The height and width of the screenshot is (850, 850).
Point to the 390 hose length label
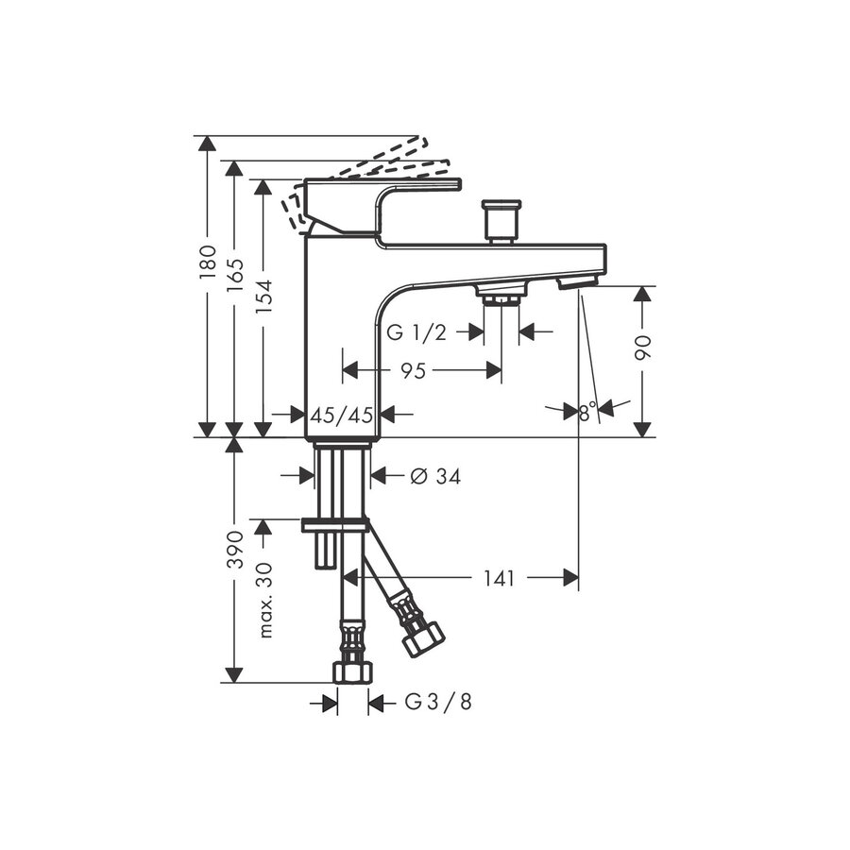tap(236, 549)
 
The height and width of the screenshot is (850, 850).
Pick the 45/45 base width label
tap(342, 414)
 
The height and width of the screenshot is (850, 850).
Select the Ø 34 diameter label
tap(435, 477)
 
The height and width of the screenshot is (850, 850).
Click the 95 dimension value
tap(413, 371)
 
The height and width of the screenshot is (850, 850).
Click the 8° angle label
tap(588, 413)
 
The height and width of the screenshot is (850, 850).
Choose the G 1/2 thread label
tap(416, 332)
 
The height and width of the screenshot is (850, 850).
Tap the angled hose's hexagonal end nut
tap(422, 640)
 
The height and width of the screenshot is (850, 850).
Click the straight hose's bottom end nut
tap(352, 671)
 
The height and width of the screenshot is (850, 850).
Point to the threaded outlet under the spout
tap(500, 298)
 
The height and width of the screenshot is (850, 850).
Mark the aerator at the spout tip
tap(577, 282)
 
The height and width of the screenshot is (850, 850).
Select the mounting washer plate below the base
tap(335, 524)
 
